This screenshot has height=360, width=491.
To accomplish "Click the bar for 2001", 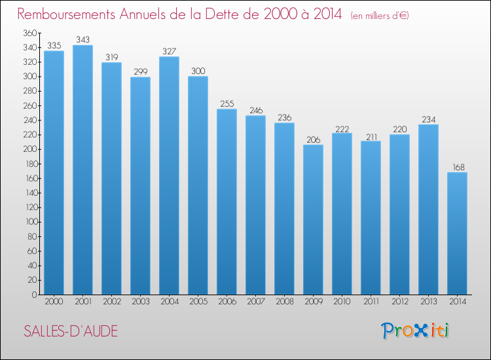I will tap(82, 170).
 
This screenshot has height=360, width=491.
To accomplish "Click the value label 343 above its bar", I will tap(82, 41).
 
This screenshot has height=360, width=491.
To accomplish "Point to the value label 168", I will tap(457, 168).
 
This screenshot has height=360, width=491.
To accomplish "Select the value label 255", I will tap(227, 104).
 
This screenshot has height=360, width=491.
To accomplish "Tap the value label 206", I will tap(313, 140).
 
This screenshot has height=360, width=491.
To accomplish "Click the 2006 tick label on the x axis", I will tap(227, 301).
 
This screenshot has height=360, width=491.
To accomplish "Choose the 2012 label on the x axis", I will tap(399, 301).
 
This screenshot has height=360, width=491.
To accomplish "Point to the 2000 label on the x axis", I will tap(54, 301).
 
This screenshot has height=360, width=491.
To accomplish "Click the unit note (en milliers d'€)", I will tap(380, 16).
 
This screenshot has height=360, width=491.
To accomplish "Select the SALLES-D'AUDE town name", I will tap(71, 331).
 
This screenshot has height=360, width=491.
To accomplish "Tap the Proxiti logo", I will tap(415, 331).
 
